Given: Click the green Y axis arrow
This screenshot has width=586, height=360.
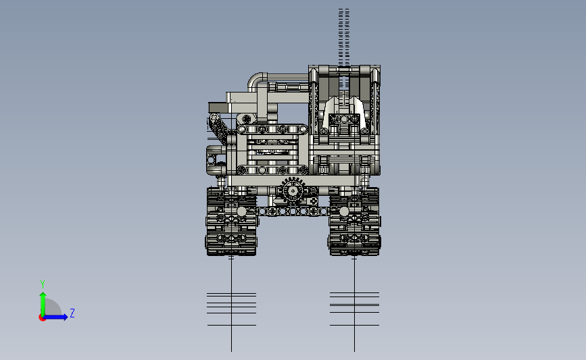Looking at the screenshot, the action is [43, 305].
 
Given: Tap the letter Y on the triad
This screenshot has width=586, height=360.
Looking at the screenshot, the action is [43, 284].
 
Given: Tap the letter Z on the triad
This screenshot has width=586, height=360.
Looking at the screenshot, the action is [72, 313].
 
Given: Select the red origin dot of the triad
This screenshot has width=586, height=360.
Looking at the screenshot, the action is [42, 318].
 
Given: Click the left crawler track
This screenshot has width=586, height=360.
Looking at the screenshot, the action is [231, 222].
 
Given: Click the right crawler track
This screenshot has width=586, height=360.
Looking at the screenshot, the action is [354, 222].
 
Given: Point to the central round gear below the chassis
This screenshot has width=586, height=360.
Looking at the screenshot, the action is [293, 191].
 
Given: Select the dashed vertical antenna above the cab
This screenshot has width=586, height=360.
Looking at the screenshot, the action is [344, 37].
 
